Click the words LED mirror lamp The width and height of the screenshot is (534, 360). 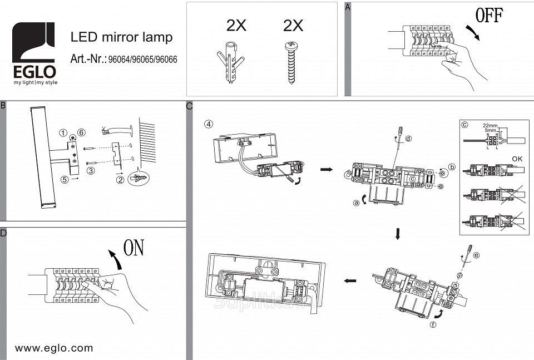pyautogui.click(x=121, y=37)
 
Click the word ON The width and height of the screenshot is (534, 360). pyautogui.click(x=133, y=248)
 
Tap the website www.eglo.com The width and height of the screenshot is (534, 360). pyautogui.click(x=54, y=348)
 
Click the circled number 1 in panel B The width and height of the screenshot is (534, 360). pyautogui.click(x=64, y=133)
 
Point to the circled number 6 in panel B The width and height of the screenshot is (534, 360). pyautogui.click(x=81, y=132)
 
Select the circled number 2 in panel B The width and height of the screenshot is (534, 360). pyautogui.click(x=120, y=179)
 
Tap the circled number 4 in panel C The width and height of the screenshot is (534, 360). pyautogui.click(x=209, y=124)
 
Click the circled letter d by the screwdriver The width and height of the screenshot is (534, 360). pyautogui.click(x=409, y=138)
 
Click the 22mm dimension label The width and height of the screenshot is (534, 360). pyautogui.click(x=489, y=126)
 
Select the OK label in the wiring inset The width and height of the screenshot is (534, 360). pyautogui.click(x=518, y=157)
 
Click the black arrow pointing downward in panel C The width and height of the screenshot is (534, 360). pyautogui.click(x=398, y=234)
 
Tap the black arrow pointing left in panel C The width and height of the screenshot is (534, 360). pyautogui.click(x=350, y=281)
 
